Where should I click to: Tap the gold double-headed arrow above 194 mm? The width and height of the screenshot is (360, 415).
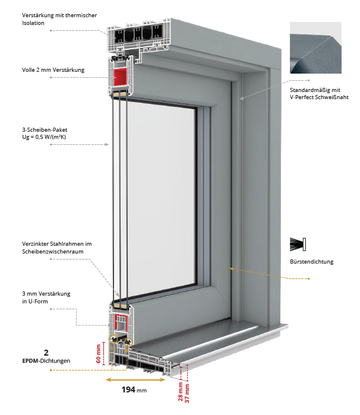(127, 379)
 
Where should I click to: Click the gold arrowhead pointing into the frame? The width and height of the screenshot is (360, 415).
(231, 270)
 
